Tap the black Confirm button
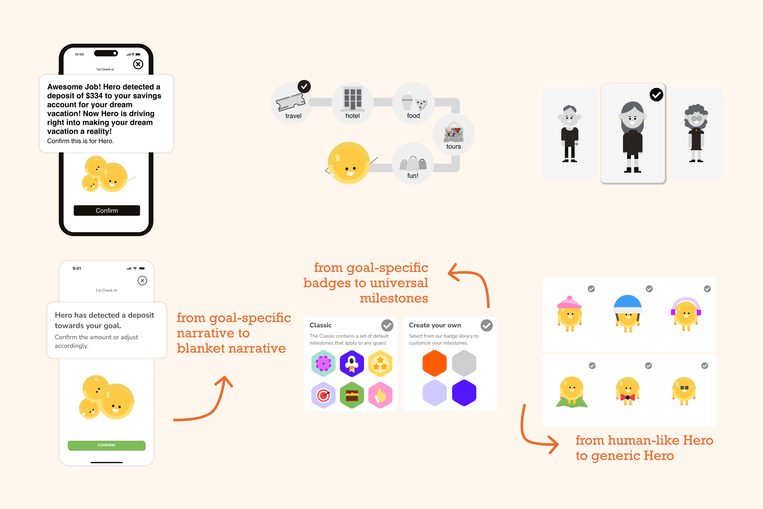coord(107,210)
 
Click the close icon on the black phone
coord(138,64)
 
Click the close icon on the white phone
coord(142,281)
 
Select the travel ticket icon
coord(290,102)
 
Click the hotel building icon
coord(353,99)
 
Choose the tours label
coord(454,146)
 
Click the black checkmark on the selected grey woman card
coord(656,95)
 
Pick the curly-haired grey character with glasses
coord(696,133)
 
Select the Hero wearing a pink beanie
coord(569,313)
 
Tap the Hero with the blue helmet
coord(627,313)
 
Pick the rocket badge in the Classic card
coord(352,364)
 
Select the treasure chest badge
coord(352,395)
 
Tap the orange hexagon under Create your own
coord(434,363)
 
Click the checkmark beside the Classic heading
coord(387,325)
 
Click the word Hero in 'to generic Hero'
coord(659,456)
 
